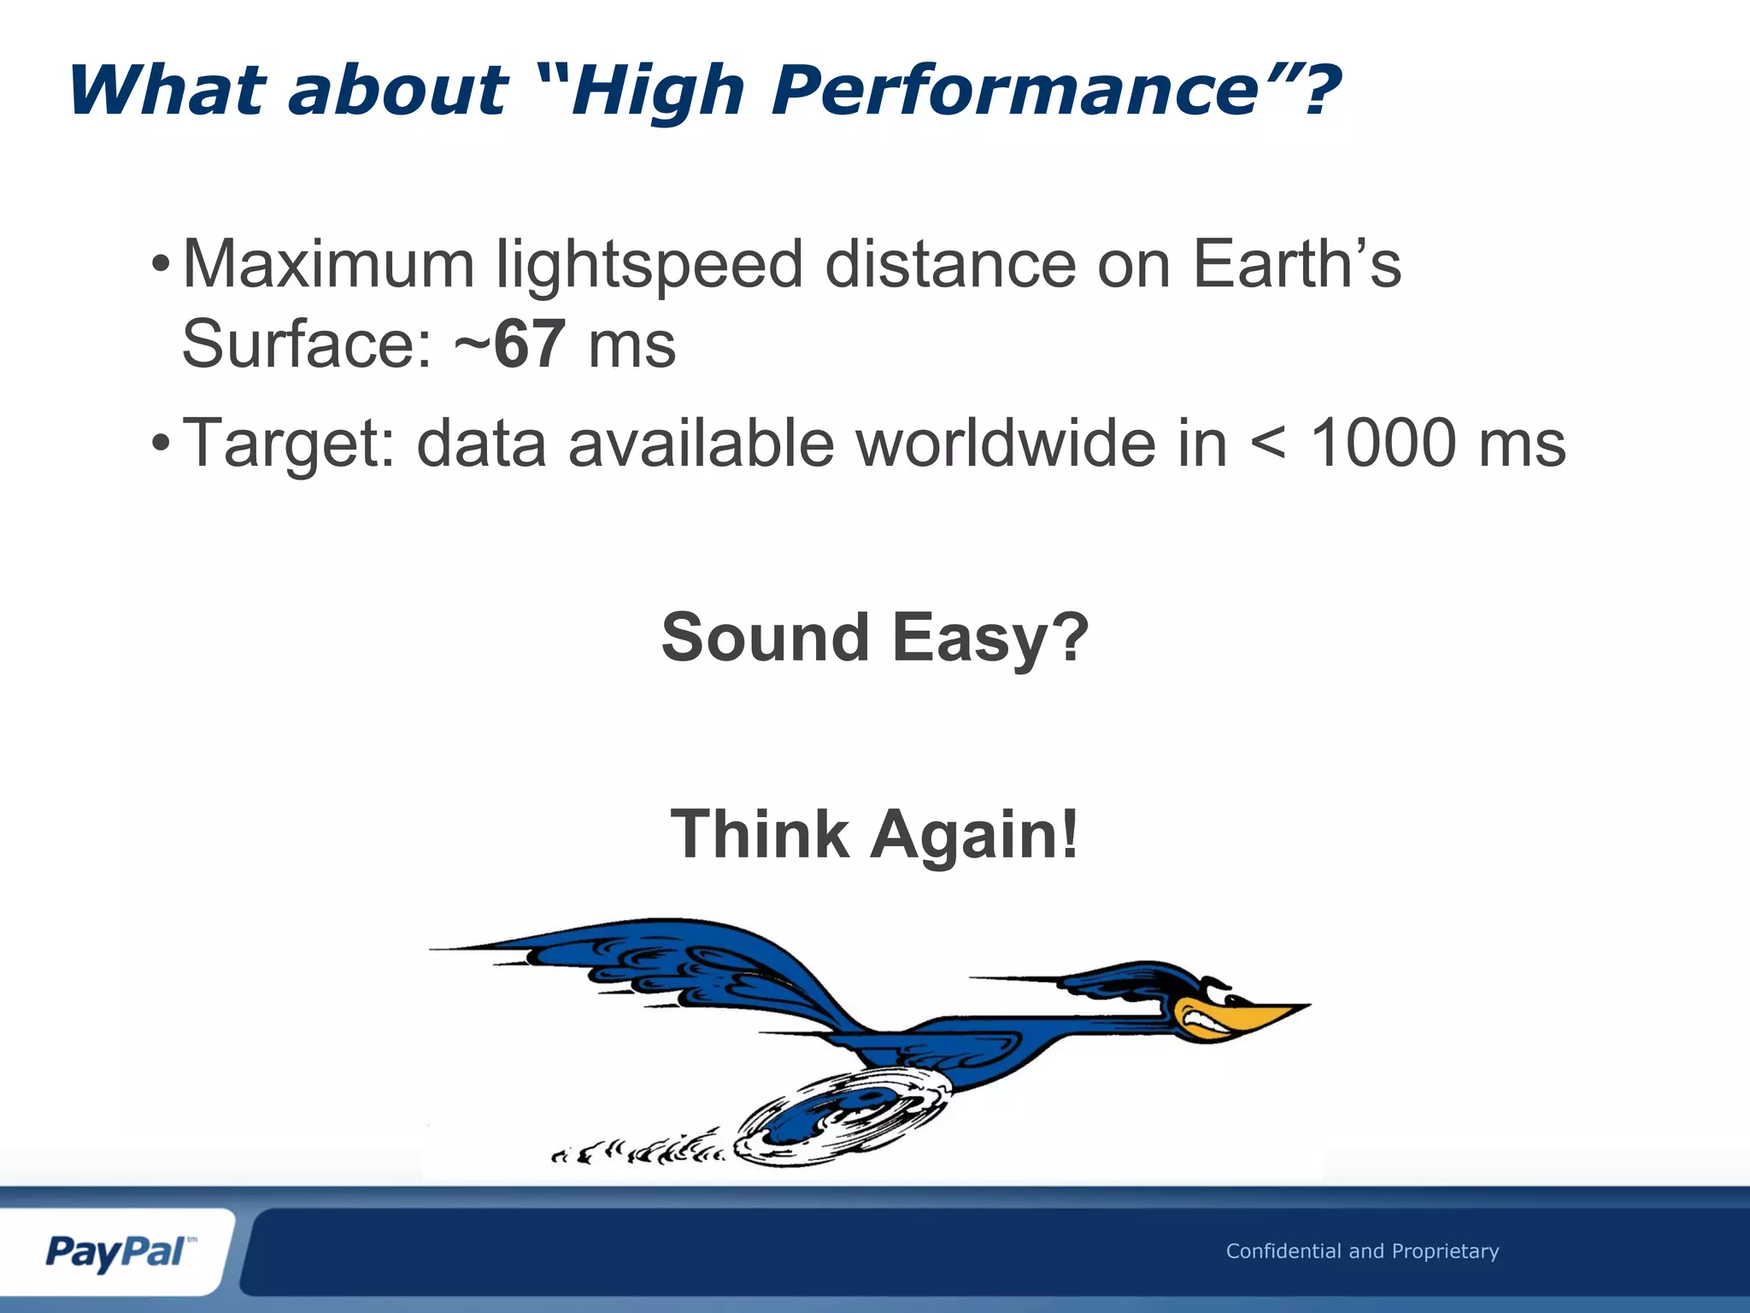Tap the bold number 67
(529, 344)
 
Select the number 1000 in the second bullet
(1383, 443)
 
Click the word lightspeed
(649, 265)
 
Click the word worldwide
(1005, 443)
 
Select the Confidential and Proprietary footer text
(1362, 1251)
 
